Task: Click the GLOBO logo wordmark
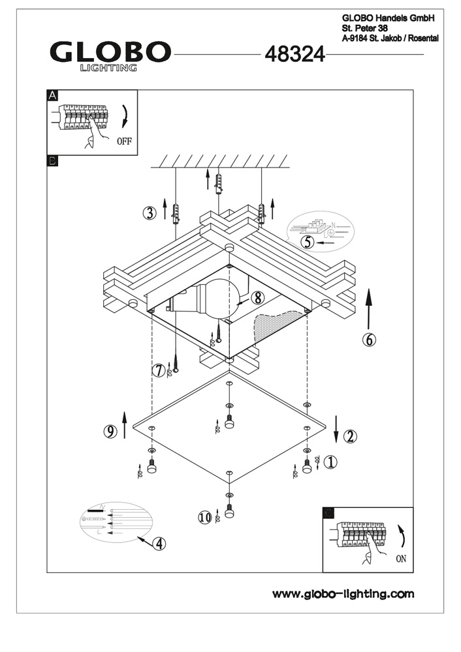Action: (110, 52)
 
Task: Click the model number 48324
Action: (294, 55)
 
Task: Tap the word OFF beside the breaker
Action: (124, 140)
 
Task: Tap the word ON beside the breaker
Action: (400, 559)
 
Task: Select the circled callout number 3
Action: (151, 213)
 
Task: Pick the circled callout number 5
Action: (308, 241)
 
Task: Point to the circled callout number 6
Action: (369, 340)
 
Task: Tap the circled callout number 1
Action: (331, 462)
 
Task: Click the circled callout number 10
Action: (205, 517)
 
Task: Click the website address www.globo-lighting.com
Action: (343, 593)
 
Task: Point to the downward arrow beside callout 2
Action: (336, 428)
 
